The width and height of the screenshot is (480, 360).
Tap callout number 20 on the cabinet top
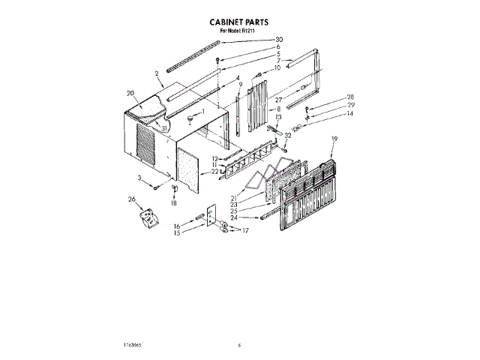pyautogui.click(x=130, y=94)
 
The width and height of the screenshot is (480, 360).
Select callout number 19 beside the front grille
pyautogui.click(x=334, y=138)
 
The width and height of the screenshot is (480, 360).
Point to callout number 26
pyautogui.click(x=133, y=199)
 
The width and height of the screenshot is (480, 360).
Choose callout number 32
pyautogui.click(x=288, y=136)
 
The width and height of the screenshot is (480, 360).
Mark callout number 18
pyautogui.click(x=174, y=203)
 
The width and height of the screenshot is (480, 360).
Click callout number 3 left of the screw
pyautogui.click(x=139, y=177)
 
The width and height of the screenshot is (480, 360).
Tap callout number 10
pyautogui.click(x=277, y=68)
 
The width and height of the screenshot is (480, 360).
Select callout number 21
pyautogui.click(x=234, y=196)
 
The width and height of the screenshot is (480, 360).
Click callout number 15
pyautogui.click(x=178, y=232)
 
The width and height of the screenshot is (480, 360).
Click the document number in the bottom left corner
pyautogui.click(x=115, y=346)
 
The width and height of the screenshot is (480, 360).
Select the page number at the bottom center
pyautogui.click(x=239, y=346)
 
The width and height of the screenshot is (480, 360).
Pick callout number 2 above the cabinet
pyautogui.click(x=157, y=73)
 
